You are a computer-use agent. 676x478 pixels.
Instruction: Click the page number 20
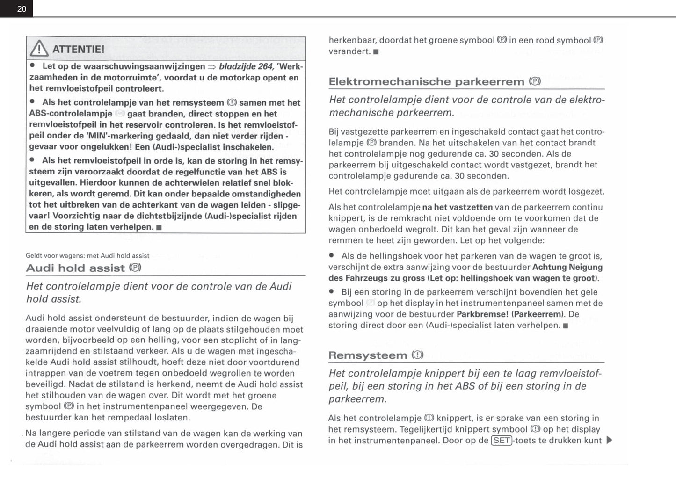pyautogui.click(x=22, y=9)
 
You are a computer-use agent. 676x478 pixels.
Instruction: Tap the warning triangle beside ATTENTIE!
pyautogui.click(x=39, y=49)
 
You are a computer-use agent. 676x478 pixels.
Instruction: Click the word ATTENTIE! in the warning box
pyautogui.click(x=78, y=49)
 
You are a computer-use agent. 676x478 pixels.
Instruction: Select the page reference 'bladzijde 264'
pyautogui.click(x=246, y=66)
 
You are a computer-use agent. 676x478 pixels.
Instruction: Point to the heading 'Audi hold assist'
pyautogui.click(x=75, y=268)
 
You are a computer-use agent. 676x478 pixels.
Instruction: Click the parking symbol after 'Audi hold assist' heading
pyautogui.click(x=135, y=268)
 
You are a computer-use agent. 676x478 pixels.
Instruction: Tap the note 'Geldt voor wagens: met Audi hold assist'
pyautogui.click(x=87, y=256)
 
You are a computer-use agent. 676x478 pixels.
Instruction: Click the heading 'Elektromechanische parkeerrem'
pyautogui.click(x=426, y=81)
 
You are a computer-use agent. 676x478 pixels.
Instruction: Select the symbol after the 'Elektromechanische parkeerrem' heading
pyautogui.click(x=535, y=81)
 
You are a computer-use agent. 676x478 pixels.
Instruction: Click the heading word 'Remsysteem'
pyautogui.click(x=368, y=355)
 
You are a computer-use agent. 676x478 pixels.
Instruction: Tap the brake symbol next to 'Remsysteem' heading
pyautogui.click(x=417, y=355)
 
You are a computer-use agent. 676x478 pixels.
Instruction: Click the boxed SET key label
pyautogui.click(x=501, y=440)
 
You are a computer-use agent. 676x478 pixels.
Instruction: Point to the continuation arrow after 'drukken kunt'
pyautogui.click(x=609, y=440)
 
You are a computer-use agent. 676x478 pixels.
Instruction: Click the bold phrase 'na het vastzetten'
pyautogui.click(x=457, y=207)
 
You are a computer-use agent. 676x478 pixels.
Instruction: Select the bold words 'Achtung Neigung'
pyautogui.click(x=567, y=267)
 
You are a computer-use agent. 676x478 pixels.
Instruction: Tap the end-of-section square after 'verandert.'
pyautogui.click(x=376, y=52)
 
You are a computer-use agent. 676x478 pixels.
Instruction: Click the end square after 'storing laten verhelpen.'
pyautogui.click(x=159, y=228)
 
